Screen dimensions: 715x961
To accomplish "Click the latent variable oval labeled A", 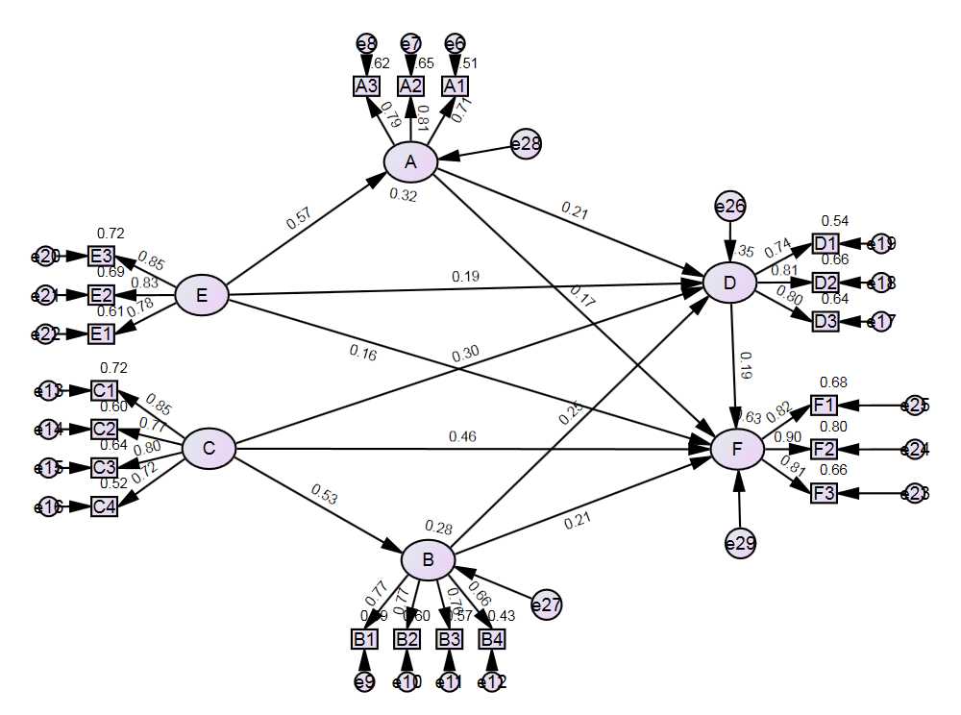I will [410, 162].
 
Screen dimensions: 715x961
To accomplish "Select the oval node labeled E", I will [202, 295].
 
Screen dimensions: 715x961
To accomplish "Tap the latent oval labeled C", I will [209, 449].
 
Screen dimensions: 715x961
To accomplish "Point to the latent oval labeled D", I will [729, 282].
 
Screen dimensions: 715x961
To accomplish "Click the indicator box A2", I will [410, 86].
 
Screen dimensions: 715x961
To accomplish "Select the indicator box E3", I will [102, 256].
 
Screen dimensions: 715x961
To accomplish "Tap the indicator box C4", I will [104, 506].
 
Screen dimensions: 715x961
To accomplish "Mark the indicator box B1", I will [364, 639].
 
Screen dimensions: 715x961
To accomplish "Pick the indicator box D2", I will [825, 283].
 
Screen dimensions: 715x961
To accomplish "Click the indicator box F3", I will [824, 493].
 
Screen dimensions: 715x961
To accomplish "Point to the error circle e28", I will [526, 144].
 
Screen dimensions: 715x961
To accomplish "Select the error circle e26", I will [730, 206].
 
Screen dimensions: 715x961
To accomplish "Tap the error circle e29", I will [739, 544].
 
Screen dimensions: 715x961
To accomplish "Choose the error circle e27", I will [546, 605].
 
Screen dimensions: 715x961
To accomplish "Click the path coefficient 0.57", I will [299, 219].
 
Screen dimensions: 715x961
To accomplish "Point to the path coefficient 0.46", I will [461, 437].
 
